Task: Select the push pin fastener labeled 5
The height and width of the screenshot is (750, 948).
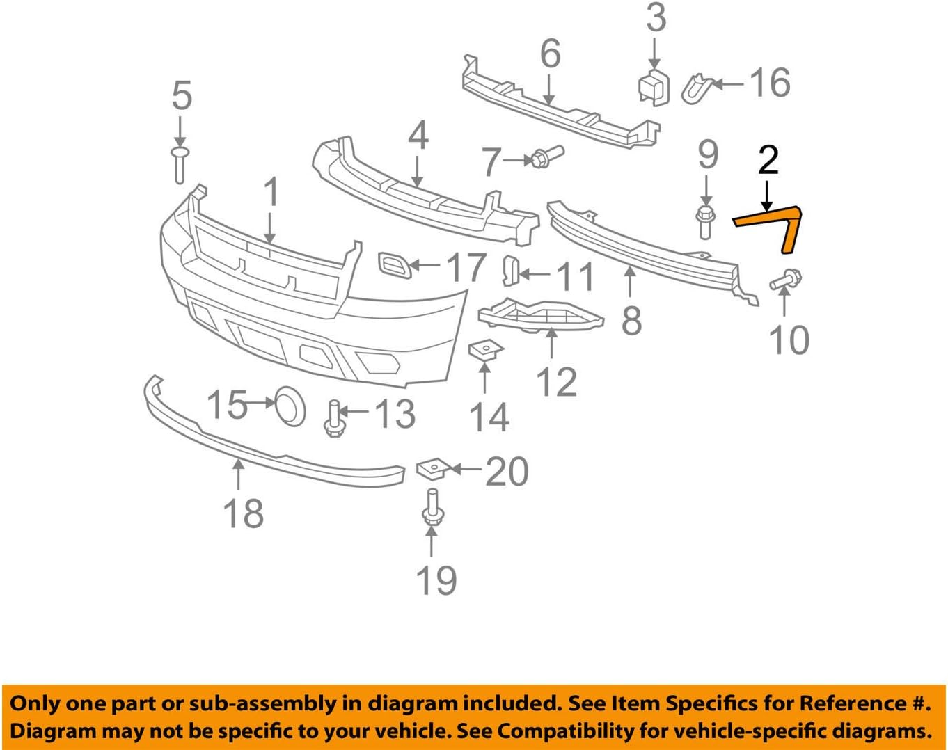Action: click(x=180, y=164)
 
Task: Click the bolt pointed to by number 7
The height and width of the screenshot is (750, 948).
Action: click(x=546, y=157)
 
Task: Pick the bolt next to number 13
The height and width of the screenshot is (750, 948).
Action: click(x=334, y=417)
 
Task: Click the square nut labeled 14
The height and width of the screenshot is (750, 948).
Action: click(x=485, y=349)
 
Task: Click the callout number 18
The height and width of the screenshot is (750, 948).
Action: click(x=243, y=513)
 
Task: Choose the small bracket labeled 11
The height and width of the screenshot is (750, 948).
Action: click(x=510, y=271)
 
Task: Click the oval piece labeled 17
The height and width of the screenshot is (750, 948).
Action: click(x=395, y=265)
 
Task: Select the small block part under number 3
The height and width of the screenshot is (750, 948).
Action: click(x=654, y=88)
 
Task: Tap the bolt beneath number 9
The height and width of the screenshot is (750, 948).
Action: click(x=704, y=221)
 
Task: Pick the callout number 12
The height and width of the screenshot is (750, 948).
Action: click(x=557, y=382)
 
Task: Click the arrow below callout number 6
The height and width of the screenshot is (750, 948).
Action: click(x=549, y=90)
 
